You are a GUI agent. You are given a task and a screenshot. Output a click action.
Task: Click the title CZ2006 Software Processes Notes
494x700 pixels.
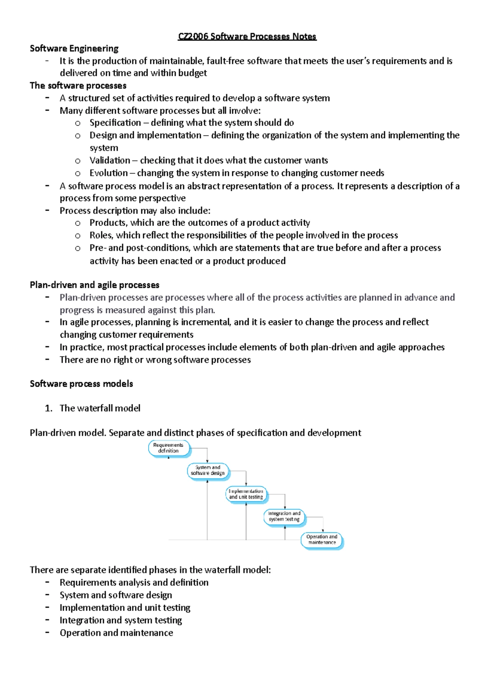click(x=247, y=37)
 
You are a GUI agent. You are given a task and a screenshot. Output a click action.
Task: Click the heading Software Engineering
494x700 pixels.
click(x=74, y=49)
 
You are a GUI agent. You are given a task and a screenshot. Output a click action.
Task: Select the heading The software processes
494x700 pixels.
click(x=78, y=86)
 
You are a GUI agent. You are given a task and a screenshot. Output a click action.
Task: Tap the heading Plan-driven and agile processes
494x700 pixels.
click(x=94, y=285)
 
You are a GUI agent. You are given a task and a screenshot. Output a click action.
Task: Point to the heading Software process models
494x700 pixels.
click(x=81, y=384)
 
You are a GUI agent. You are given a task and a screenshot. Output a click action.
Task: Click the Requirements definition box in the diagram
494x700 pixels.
click(x=169, y=448)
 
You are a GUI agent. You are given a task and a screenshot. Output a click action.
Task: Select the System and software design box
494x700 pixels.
click(x=208, y=470)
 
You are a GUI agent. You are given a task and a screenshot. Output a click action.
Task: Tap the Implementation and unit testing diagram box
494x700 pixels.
click(x=246, y=494)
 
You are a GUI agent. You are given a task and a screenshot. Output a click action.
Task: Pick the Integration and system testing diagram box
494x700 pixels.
click(x=284, y=517)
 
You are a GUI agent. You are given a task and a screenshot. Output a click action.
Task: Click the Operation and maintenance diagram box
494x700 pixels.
click(x=322, y=540)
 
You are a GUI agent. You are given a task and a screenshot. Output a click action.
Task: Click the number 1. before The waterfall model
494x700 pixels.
click(x=49, y=408)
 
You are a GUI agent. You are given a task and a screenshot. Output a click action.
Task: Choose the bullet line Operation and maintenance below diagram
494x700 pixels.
click(x=116, y=633)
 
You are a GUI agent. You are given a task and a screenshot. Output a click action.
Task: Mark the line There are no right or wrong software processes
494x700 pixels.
click(x=155, y=360)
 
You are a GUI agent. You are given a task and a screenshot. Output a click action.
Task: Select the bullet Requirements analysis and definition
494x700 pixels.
click(x=134, y=583)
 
